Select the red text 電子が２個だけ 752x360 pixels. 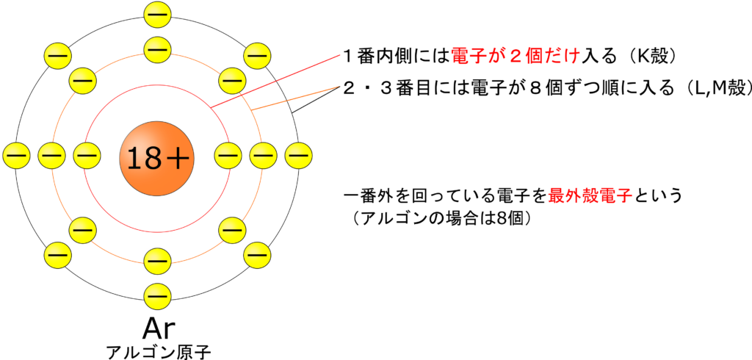[x=516, y=57]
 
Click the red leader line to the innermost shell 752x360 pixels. [x=275, y=80]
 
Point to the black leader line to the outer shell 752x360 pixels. [x=316, y=100]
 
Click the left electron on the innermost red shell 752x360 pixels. [x=87, y=156]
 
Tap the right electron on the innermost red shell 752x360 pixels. [x=228, y=156]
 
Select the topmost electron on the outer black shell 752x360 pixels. [x=157, y=15]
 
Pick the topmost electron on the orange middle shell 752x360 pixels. [x=157, y=50]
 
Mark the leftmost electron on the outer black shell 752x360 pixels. [x=16, y=156]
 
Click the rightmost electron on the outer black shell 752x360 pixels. [x=298, y=156]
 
